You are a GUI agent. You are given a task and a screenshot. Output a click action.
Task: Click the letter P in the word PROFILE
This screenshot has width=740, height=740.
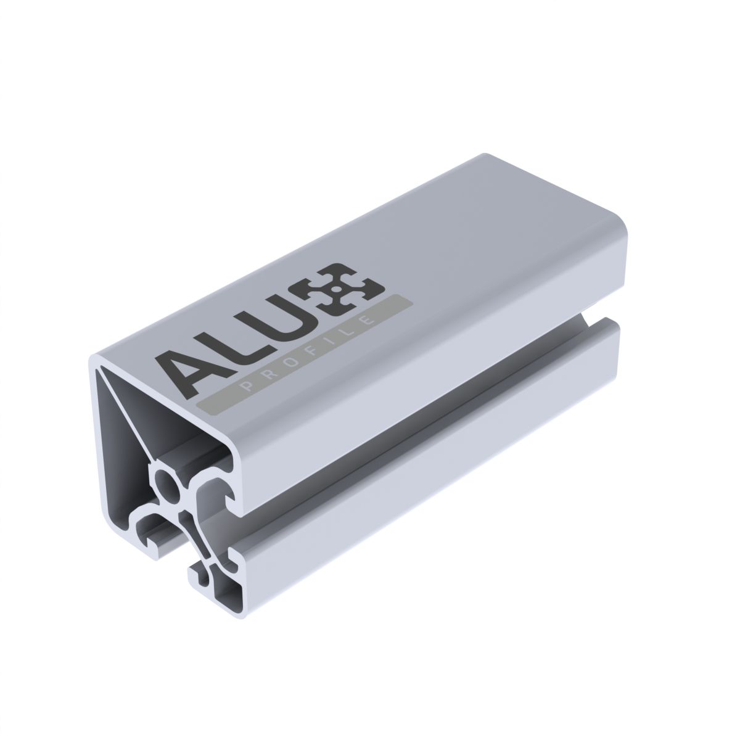(x=247, y=387)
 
